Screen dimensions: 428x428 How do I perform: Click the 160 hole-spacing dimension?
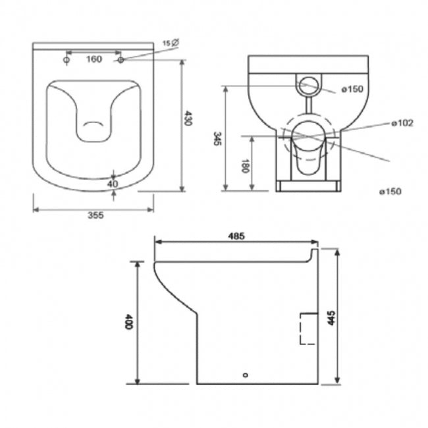click(94, 60)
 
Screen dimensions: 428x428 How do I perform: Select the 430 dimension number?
click(189, 119)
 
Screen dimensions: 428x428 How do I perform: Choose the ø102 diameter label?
click(402, 123)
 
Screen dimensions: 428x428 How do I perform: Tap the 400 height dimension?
click(130, 323)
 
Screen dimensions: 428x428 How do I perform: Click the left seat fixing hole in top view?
click(67, 61)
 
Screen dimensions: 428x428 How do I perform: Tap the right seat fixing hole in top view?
click(121, 61)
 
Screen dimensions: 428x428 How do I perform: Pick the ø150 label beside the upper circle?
click(353, 89)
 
